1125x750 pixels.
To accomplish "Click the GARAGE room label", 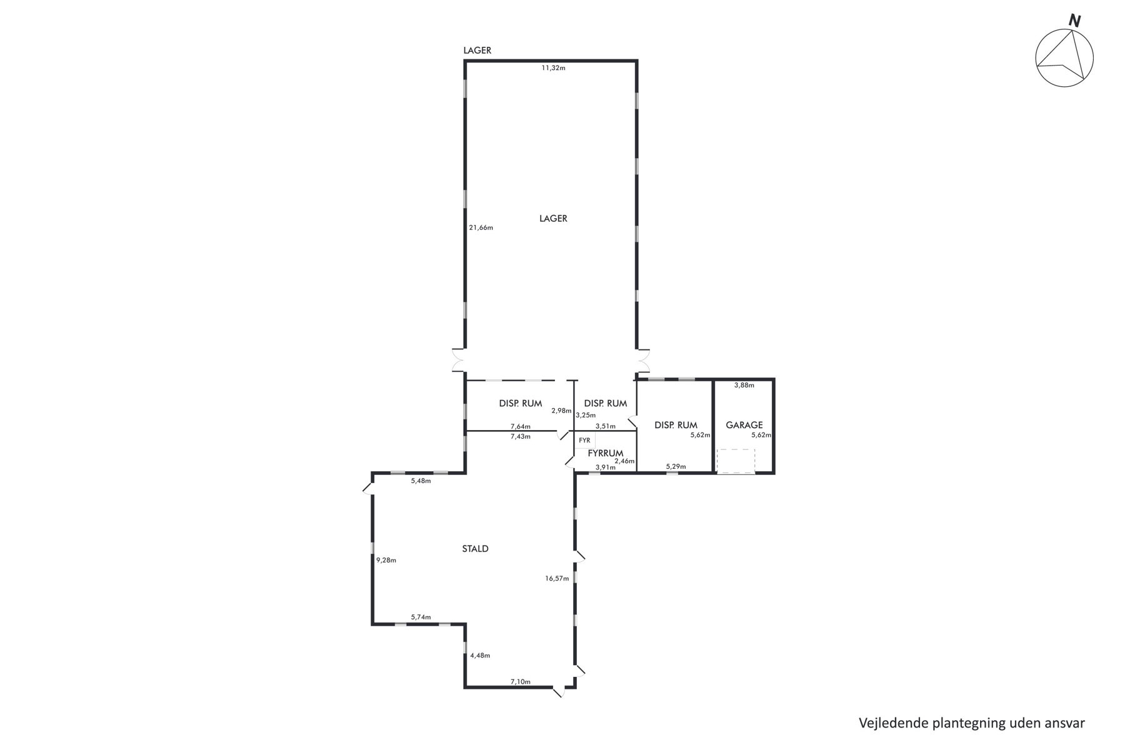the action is coord(744,425).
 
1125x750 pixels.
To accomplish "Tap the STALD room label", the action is coord(475,549).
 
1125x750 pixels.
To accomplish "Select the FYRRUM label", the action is coord(606,453).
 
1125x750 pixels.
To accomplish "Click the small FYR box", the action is coord(584,440).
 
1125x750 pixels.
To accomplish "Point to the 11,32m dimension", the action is coord(553,67).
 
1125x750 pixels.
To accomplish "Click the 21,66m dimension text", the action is coord(481,227).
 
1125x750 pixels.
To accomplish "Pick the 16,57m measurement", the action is coord(557,579).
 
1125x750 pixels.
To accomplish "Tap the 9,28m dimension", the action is coord(386,560).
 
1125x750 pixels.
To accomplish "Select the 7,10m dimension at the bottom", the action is coord(520,681).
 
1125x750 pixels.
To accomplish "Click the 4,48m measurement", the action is coord(480,656).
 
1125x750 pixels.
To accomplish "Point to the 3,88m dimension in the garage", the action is coord(744,385).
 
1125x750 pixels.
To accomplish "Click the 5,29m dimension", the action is coord(676,466).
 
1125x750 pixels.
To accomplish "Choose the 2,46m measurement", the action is coord(624,461).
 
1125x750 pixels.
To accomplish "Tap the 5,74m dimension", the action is coord(421,617).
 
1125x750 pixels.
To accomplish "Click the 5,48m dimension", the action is coord(421,481).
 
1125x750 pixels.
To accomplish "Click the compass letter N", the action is coord(1074,21).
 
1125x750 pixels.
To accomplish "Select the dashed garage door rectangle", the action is coord(736,461).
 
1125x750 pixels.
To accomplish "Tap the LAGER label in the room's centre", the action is coord(553,218).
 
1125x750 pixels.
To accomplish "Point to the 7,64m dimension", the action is coord(520,426).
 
